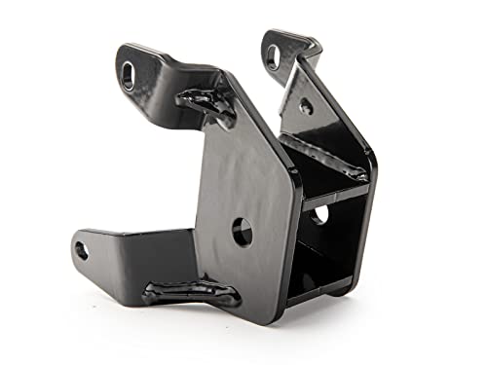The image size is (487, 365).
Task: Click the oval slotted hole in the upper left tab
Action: pyautogui.click(x=129, y=75)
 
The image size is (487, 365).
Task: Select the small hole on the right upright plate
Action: pyautogui.click(x=306, y=106)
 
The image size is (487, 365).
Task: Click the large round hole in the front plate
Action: pyautogui.click(x=243, y=232)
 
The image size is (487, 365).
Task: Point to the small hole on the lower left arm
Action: pyautogui.click(x=81, y=250)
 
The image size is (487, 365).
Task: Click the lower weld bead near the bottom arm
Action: pyautogui.click(x=191, y=293)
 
